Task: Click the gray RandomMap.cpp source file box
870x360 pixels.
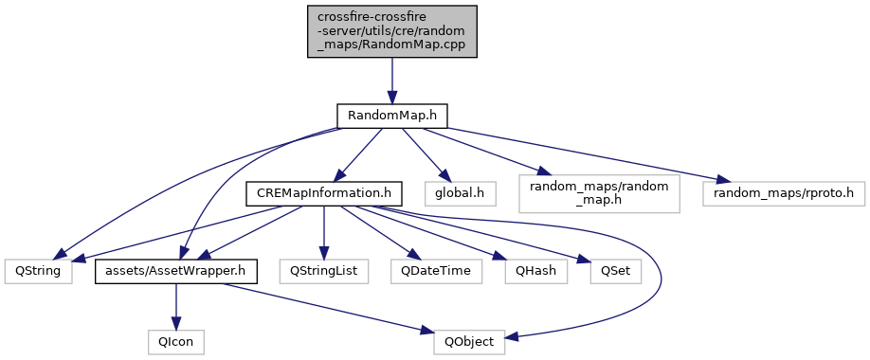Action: point(392,31)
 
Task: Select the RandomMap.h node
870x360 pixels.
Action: point(392,116)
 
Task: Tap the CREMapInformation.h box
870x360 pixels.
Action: point(323,194)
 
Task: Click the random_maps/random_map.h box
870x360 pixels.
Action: point(599,194)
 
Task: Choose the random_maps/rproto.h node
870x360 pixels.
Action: point(784,194)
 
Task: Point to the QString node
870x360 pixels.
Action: point(38,272)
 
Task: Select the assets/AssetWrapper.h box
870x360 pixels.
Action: point(176,272)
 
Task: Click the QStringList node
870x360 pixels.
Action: point(323,272)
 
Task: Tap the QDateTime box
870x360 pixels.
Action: point(436,272)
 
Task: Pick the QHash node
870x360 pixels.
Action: point(536,272)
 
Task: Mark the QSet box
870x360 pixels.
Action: point(615,272)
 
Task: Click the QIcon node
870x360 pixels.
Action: point(176,342)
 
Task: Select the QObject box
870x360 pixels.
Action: point(469,342)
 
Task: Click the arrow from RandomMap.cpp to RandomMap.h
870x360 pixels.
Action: point(392,81)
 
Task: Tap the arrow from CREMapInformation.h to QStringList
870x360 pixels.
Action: point(323,233)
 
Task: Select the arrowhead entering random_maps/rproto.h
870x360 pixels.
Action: point(722,180)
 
